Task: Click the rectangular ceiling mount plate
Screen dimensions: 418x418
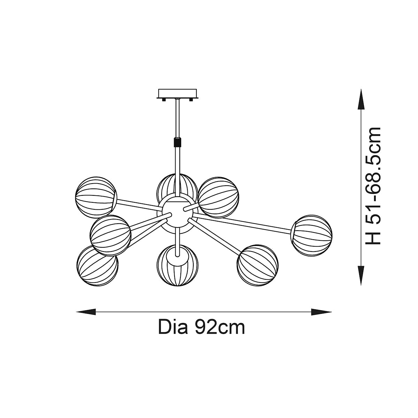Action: [x=177, y=94]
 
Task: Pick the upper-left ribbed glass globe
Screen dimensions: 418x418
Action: [x=96, y=197]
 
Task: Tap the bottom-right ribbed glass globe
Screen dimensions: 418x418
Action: [x=257, y=266]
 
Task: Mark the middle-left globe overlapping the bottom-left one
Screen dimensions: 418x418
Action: [x=110, y=236]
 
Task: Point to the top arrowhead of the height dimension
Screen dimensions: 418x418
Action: [x=361, y=99]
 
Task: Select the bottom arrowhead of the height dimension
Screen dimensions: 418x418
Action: [x=361, y=275]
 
